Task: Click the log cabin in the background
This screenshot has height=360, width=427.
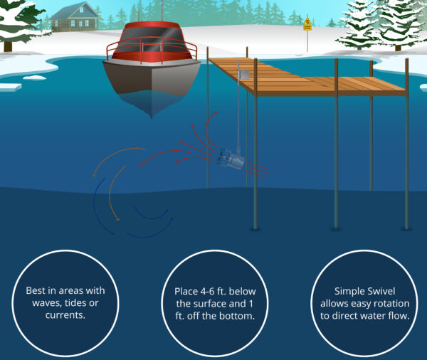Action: click(75, 17)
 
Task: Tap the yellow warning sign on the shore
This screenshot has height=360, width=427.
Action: click(307, 24)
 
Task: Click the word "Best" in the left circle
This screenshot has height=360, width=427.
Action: click(36, 291)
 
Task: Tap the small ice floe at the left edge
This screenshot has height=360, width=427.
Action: click(11, 87)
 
